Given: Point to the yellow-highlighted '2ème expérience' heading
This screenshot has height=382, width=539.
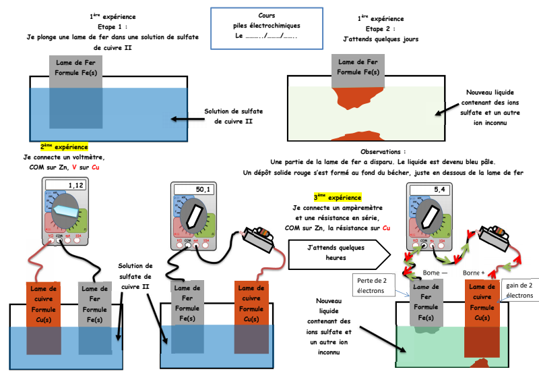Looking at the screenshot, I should coord(64,146).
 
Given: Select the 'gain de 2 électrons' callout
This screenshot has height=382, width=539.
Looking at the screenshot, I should coord(519,291).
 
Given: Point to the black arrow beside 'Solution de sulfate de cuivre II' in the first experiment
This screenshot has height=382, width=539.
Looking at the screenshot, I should coord(185,119).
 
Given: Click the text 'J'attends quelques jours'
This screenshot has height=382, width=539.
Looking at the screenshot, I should coord(381,39).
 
